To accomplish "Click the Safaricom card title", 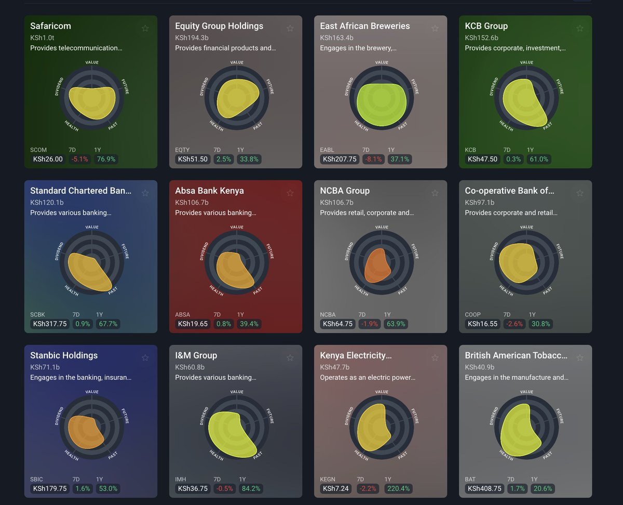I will (x=50, y=26).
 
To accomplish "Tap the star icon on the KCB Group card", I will (x=580, y=28).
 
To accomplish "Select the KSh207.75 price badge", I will (x=340, y=159).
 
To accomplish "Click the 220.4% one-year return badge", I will (x=398, y=488).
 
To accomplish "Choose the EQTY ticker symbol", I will (x=183, y=150).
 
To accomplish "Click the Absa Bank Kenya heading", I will (x=209, y=191).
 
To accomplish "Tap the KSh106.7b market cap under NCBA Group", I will (x=336, y=202).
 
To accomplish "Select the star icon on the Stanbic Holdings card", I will (x=145, y=357).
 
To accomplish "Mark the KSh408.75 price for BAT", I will (x=484, y=488).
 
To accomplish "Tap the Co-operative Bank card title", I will (x=509, y=191).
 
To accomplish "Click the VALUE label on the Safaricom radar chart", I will (x=92, y=62).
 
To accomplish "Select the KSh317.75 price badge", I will (x=50, y=324).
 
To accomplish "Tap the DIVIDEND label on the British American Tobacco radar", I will (x=493, y=416).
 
